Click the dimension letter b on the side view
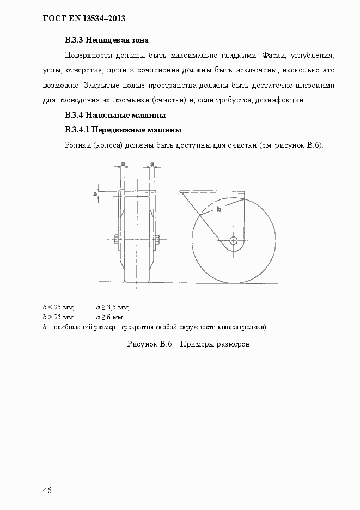(219, 209)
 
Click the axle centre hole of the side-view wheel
(234, 240)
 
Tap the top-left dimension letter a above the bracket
(123, 163)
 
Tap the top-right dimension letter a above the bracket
(152, 163)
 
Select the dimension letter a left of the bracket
(95, 193)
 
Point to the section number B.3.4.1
(76, 130)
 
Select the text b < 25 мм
(58, 307)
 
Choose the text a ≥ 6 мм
(109, 317)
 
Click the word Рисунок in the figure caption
(142, 344)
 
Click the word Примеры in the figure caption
(203, 344)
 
